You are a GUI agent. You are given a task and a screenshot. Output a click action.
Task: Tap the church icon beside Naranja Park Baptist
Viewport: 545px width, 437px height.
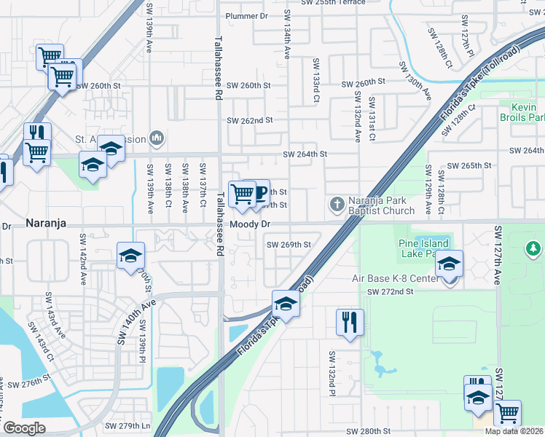pyautogui.click(x=337, y=203)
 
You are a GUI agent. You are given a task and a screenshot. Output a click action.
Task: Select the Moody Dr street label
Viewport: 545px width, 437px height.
pyautogui.click(x=251, y=224)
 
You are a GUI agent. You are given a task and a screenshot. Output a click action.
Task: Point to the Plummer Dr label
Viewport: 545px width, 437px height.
pyautogui.click(x=247, y=16)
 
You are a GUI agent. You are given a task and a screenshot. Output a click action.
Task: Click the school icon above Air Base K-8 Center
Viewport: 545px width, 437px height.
pyautogui.click(x=450, y=263)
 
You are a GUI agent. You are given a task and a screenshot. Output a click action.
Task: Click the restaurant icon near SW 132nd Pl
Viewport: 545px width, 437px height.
pyautogui.click(x=350, y=321)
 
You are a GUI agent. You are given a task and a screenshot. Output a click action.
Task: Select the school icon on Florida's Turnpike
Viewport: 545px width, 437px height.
pyautogui.click(x=286, y=304)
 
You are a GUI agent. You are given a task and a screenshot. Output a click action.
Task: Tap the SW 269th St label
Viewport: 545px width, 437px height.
pyautogui.click(x=289, y=245)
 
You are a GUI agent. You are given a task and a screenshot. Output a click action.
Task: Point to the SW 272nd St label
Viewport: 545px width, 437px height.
pyautogui.click(x=390, y=291)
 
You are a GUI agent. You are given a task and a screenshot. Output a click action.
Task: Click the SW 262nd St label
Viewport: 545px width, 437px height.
pyautogui.click(x=249, y=120)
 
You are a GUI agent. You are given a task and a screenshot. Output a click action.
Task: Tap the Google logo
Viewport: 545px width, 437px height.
pyautogui.click(x=24, y=428)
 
